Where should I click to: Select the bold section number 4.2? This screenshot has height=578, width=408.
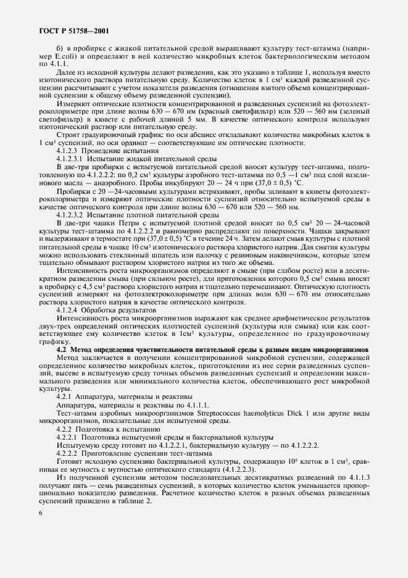62,349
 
